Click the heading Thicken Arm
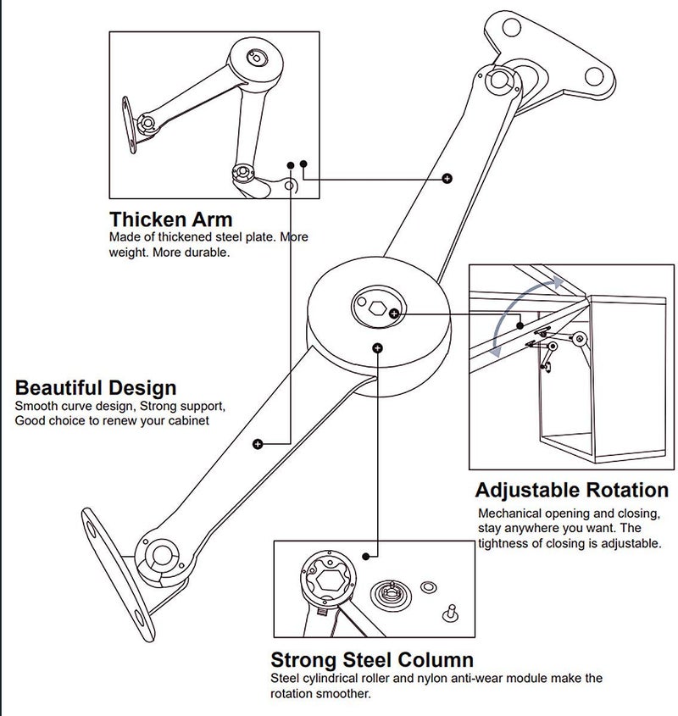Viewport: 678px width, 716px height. (170, 220)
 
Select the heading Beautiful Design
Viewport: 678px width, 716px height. (96, 388)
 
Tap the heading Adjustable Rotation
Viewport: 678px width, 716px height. (571, 490)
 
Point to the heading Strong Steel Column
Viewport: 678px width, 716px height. (372, 659)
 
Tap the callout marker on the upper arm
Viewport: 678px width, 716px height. (447, 178)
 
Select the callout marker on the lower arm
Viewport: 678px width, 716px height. (258, 443)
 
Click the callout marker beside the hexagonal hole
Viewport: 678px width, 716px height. (394, 314)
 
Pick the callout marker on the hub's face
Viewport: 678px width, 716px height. (377, 347)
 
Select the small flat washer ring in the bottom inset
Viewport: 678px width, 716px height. (427, 586)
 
